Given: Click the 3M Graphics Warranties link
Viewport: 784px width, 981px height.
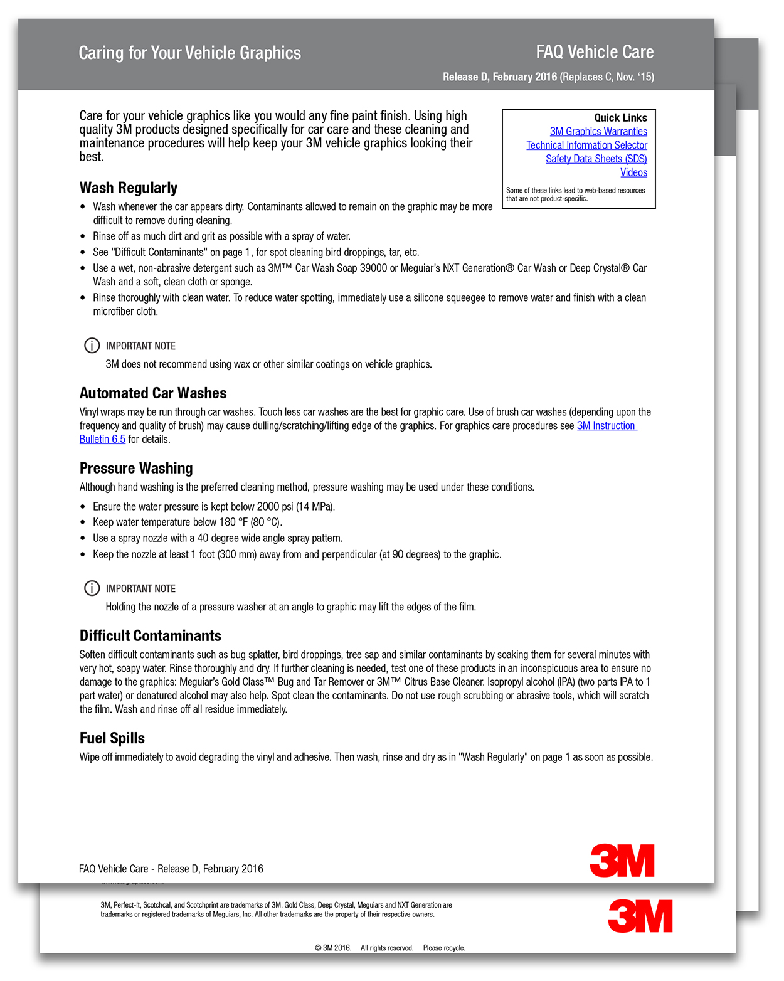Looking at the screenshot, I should [598, 132].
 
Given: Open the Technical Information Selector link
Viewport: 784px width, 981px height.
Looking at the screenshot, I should [586, 146].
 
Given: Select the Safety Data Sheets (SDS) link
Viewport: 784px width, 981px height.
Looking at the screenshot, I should [596, 159].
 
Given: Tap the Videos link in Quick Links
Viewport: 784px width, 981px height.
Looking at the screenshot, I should [633, 173].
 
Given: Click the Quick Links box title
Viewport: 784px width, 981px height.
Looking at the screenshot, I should [620, 118].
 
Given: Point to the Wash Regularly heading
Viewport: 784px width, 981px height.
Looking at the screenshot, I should [129, 188].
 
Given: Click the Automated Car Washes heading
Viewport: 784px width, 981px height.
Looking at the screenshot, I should [153, 393].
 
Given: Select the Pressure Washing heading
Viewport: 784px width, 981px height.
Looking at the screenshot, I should [136, 469].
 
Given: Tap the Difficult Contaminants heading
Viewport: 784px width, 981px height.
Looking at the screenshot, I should [151, 636].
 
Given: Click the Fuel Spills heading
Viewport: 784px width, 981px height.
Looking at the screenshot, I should [112, 738].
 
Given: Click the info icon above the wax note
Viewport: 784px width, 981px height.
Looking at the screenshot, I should [92, 346].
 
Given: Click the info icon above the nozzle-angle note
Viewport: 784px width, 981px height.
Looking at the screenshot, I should [92, 588].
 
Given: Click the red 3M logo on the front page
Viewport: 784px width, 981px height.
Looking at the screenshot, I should [622, 861].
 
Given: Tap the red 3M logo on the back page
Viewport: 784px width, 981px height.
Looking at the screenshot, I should [640, 916].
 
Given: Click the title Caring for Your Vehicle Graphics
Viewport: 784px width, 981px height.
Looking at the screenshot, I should [189, 53].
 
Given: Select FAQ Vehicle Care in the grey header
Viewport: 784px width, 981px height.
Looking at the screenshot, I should [595, 52].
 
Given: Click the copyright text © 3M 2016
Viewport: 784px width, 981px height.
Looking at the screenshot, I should [332, 948].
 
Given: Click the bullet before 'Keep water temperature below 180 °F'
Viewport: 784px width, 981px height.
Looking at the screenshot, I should [83, 522].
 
